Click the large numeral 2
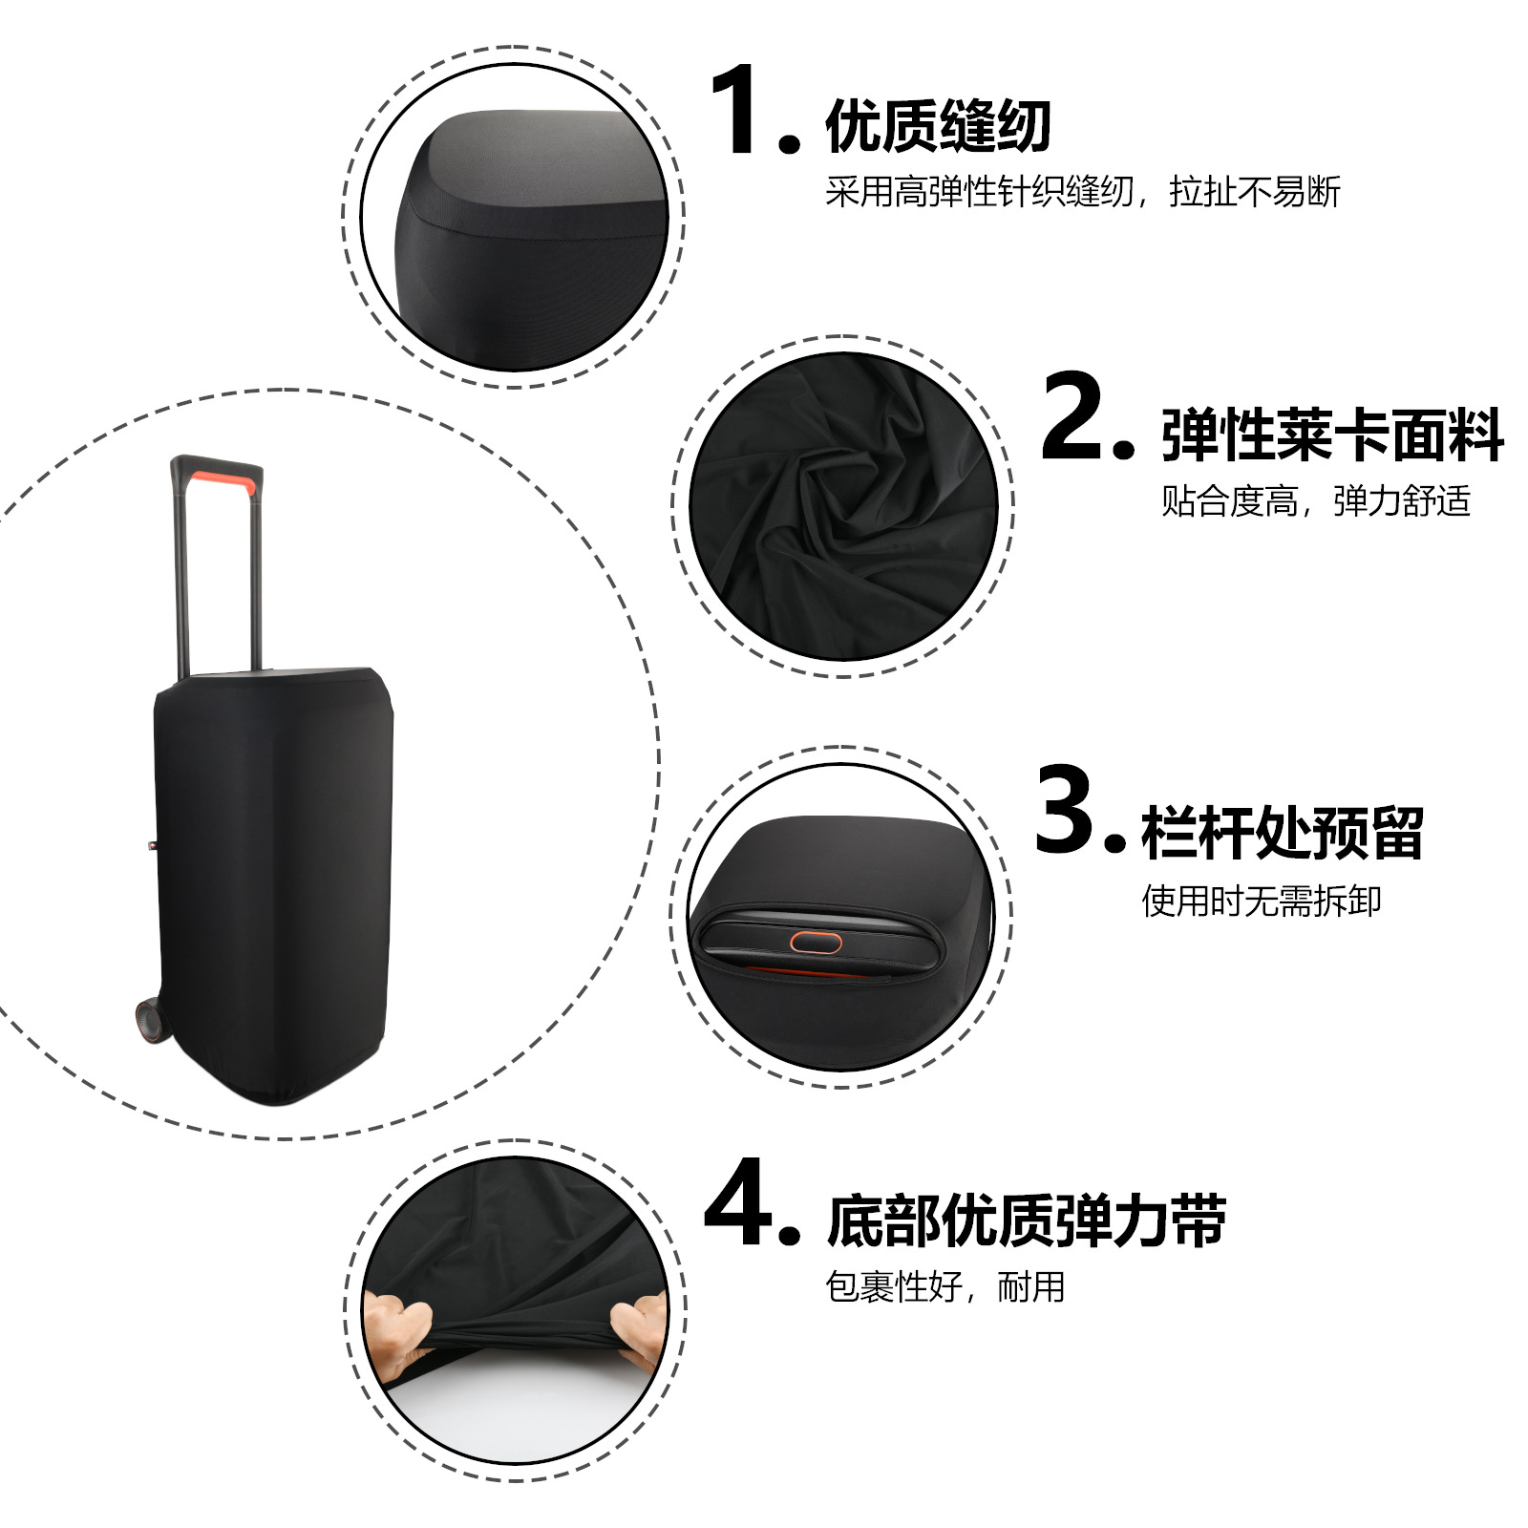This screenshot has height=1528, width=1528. point(1074,416)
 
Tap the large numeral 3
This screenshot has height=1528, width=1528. point(1067,809)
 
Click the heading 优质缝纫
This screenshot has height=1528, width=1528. point(938,126)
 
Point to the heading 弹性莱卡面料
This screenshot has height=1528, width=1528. point(1332,435)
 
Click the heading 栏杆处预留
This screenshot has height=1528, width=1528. point(1282,833)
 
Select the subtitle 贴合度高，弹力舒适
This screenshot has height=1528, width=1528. point(1315,500)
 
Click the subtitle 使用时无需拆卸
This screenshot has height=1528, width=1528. point(1261,901)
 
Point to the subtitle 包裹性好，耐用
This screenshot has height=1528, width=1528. point(944,1286)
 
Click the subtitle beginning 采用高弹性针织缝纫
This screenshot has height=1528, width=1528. point(1083,192)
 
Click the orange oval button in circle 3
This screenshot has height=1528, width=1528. point(816,943)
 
